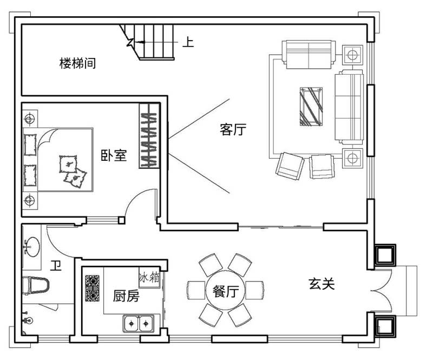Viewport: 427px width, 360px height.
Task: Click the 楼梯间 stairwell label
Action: [77, 63]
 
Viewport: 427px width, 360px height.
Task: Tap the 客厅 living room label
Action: [233, 129]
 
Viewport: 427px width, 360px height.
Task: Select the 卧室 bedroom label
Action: [114, 155]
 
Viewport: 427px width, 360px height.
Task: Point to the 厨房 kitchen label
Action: [126, 296]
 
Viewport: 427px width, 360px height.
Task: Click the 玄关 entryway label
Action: [321, 284]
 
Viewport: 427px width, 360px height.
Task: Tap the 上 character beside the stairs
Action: [188, 42]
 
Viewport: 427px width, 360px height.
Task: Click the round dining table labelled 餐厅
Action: [226, 290]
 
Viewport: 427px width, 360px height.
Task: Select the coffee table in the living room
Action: [311, 107]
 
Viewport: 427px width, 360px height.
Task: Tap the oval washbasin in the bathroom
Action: [32, 247]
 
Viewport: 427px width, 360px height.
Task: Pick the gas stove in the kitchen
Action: [93, 288]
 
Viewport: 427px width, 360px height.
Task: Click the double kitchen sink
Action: [139, 324]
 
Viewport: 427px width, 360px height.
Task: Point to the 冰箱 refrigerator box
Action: [149, 279]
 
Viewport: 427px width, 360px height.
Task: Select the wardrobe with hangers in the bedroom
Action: [149, 136]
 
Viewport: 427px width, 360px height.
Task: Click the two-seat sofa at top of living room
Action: [309, 55]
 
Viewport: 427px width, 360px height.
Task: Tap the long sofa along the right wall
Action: [349, 107]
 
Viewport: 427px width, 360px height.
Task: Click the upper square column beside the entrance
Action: [385, 254]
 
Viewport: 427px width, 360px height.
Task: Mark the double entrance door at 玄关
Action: [382, 291]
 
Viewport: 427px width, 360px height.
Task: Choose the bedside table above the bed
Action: [30, 119]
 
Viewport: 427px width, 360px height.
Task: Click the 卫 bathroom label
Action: [56, 265]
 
